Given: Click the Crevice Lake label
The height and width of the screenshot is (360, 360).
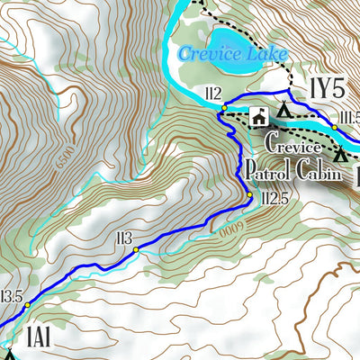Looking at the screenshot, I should (x=232, y=54).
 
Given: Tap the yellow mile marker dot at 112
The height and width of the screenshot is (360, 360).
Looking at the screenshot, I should (x=224, y=108).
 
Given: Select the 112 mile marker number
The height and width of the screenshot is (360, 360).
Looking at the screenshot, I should (x=212, y=93).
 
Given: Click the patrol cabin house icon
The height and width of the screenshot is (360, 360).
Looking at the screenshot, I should (x=257, y=116).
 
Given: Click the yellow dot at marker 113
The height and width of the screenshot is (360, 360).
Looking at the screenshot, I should (x=137, y=250).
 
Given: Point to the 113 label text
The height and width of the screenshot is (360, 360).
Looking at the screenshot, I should (x=124, y=238).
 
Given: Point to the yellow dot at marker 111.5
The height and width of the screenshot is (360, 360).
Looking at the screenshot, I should (x=334, y=127).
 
